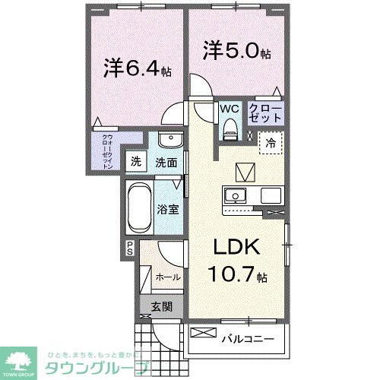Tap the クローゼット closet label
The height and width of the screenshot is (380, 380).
click(x=266, y=114)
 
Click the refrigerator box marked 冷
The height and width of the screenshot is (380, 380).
click(x=271, y=141)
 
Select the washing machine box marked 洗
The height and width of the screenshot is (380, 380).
click(x=135, y=161)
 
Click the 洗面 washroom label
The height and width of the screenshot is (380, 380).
click(x=166, y=161)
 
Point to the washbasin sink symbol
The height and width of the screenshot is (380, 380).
click(x=169, y=143)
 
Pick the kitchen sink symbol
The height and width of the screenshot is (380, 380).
click(x=236, y=195)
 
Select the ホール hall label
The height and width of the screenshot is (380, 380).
click(x=169, y=277)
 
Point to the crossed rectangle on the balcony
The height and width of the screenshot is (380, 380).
click(x=203, y=333)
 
